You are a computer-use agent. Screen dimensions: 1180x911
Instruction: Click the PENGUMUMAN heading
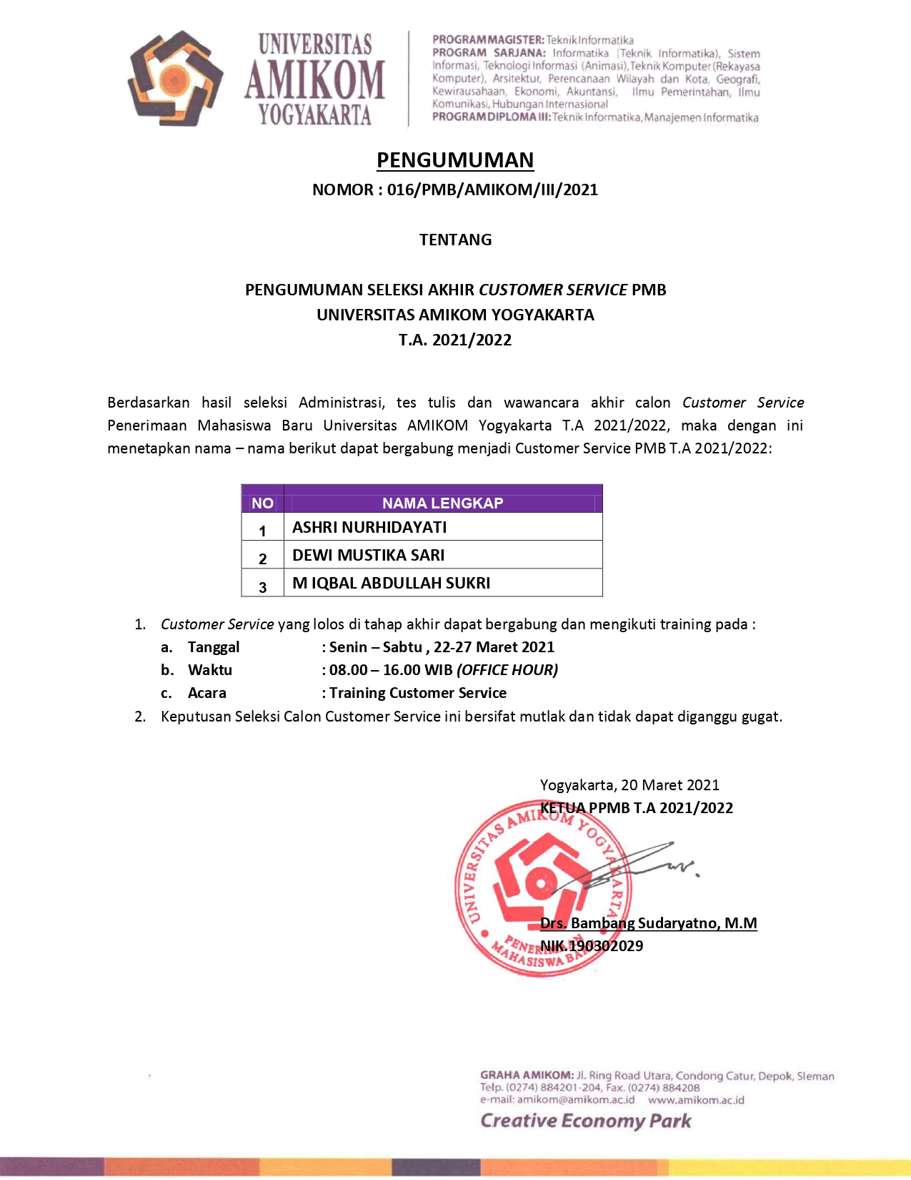(x=455, y=160)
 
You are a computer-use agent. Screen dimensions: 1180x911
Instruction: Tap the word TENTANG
(x=455, y=240)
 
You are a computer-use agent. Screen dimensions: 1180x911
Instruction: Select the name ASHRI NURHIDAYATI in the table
(x=369, y=528)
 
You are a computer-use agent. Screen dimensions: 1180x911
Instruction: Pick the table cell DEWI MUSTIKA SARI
(x=368, y=556)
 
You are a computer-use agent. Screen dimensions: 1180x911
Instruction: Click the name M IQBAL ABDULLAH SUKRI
(x=391, y=584)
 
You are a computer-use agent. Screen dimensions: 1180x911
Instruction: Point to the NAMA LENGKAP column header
(x=442, y=503)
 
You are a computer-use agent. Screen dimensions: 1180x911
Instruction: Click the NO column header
(x=262, y=503)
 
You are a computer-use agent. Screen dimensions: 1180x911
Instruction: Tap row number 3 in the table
(x=262, y=587)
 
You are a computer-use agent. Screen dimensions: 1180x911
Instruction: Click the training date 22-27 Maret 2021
(x=494, y=647)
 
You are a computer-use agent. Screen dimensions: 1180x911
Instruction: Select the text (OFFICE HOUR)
(x=507, y=670)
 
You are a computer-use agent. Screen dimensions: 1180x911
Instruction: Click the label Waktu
(x=210, y=670)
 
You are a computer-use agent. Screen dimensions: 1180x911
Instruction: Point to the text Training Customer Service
(x=418, y=693)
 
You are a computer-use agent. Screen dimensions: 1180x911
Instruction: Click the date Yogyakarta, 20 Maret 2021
(x=629, y=785)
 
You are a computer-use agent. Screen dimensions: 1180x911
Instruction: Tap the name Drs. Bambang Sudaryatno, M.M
(x=648, y=923)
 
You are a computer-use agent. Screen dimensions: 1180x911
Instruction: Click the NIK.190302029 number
(x=592, y=946)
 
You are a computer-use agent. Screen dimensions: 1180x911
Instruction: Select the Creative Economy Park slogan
(x=585, y=1121)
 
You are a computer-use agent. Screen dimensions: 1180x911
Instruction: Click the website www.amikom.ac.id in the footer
(x=696, y=1100)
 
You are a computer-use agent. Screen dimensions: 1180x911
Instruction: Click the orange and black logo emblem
(x=174, y=78)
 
